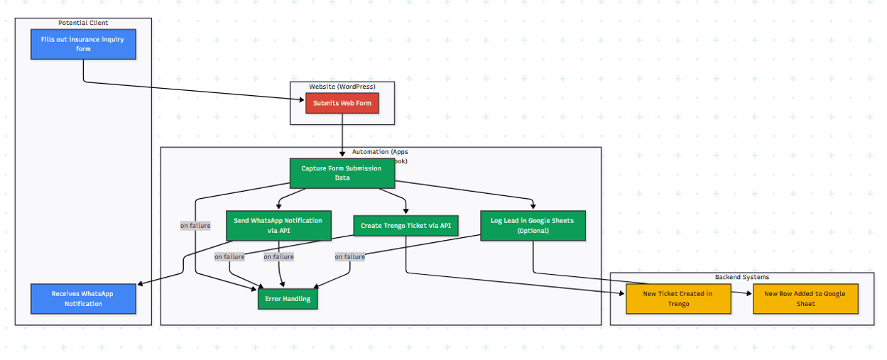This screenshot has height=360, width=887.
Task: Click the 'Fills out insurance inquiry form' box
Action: (83, 44)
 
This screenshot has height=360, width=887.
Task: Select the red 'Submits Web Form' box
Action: (342, 103)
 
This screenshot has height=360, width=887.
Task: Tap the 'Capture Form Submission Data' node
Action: (342, 173)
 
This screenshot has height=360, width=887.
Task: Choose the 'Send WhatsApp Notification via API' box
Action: (278, 225)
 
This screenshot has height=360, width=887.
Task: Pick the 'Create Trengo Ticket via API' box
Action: (406, 225)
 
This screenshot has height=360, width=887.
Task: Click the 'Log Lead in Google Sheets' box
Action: (532, 225)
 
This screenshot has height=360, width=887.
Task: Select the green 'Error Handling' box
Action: (288, 299)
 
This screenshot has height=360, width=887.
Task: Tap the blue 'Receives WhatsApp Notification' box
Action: (83, 299)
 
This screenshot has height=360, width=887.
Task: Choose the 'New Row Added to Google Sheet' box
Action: (805, 299)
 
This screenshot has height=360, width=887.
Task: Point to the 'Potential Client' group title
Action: (83, 23)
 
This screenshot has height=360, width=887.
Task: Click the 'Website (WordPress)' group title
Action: (342, 87)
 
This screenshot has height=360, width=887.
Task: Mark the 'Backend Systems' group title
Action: (741, 277)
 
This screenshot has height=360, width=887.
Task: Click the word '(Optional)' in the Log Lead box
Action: (532, 231)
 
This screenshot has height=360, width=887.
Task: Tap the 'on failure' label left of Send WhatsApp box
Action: (195, 226)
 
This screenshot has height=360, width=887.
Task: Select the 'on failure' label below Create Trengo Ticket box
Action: (349, 257)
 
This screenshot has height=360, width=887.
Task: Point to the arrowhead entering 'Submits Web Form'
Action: (303, 100)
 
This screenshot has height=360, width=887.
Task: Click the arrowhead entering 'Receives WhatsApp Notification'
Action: (140, 285)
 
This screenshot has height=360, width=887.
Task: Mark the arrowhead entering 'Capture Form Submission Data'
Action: (342, 153)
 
